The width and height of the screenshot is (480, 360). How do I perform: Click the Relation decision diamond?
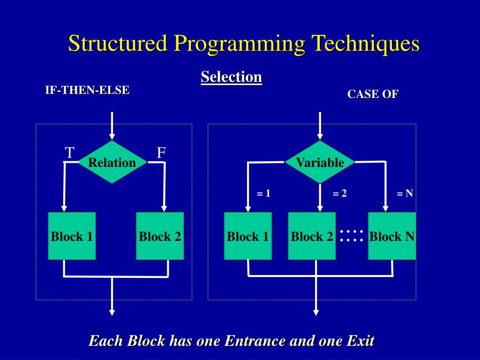[x=112, y=162]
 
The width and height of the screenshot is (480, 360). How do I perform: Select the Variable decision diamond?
[x=320, y=162]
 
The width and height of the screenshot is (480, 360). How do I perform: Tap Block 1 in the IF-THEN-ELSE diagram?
[x=72, y=236]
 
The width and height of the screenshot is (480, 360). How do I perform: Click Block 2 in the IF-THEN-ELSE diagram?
[x=160, y=236]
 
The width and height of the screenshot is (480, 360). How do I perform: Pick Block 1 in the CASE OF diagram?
[x=247, y=236]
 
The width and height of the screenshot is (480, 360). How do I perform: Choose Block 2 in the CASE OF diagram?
[x=312, y=236]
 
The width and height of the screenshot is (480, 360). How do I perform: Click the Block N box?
[x=392, y=236]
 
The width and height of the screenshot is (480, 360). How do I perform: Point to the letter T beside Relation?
[x=69, y=153]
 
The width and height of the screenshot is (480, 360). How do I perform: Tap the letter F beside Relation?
[x=161, y=153]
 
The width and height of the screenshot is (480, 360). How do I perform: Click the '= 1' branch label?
[x=263, y=193]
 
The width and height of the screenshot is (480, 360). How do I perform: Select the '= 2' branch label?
[x=339, y=194]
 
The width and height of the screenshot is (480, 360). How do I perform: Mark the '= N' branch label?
[x=405, y=194]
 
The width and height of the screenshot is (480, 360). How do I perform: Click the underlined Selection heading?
[x=231, y=77]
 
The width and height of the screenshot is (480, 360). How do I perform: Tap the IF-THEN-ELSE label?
[x=87, y=90]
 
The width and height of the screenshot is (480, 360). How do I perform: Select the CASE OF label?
[x=373, y=94]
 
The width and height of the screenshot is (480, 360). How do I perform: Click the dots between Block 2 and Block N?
[x=352, y=236]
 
